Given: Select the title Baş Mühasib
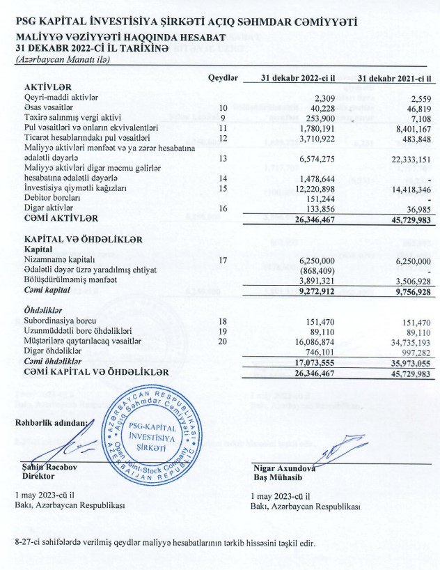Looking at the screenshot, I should point(276,479).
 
